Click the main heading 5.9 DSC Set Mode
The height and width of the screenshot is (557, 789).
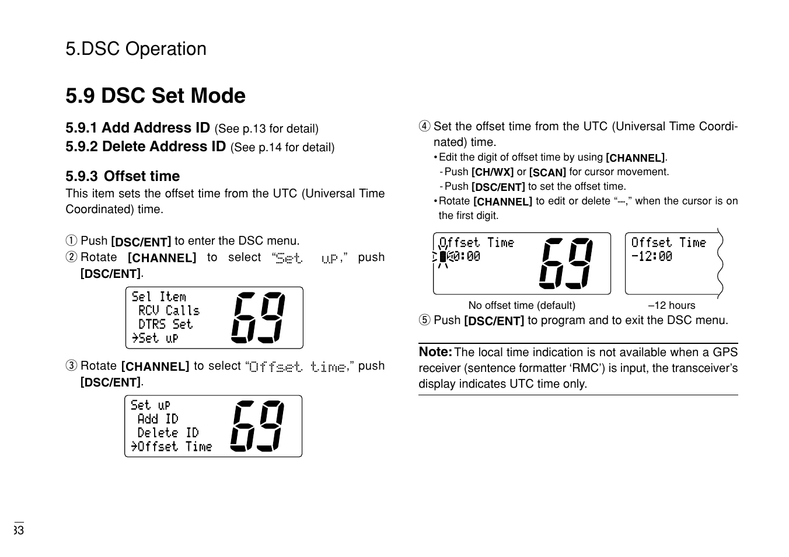click(155, 96)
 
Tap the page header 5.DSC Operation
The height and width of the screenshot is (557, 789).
click(136, 49)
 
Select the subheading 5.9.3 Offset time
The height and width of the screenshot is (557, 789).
click(123, 176)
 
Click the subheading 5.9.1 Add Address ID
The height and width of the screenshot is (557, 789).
click(138, 128)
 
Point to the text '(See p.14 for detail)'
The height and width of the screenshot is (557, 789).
click(282, 148)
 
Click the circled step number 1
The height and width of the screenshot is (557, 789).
click(71, 241)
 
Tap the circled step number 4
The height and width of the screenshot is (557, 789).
click(424, 127)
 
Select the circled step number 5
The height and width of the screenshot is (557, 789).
click(424, 321)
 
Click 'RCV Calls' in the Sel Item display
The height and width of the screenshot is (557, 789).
click(169, 311)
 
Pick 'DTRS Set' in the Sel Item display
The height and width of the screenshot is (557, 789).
click(165, 325)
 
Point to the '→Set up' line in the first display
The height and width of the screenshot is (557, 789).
click(155, 338)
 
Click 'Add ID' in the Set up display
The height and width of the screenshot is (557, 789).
click(158, 419)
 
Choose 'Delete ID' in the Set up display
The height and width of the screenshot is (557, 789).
click(168, 433)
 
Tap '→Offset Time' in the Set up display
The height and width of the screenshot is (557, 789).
click(172, 447)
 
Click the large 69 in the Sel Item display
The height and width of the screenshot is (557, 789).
click(259, 317)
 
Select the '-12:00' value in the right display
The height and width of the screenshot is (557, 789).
click(652, 256)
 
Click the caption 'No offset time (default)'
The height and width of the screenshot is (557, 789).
click(522, 305)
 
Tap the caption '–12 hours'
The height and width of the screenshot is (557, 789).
click(672, 305)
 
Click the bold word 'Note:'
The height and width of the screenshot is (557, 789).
click(435, 352)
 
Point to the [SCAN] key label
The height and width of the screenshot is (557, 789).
click(547, 173)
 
